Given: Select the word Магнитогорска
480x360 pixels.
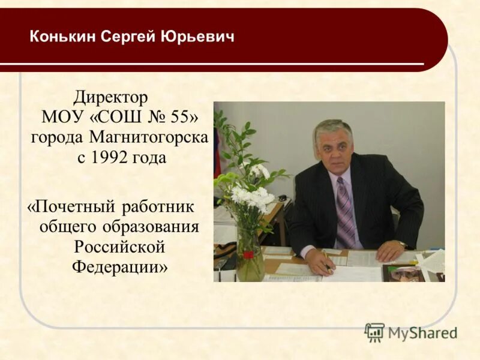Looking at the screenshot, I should pyautogui.click(x=149, y=137).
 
